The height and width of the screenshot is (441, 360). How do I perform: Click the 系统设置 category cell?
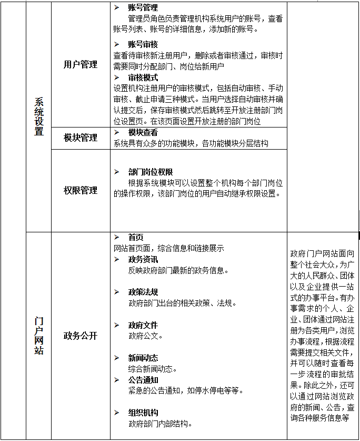(x=39, y=116)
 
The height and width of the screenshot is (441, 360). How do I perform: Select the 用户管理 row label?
(x=81, y=64)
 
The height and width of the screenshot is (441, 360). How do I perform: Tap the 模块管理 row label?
(x=81, y=138)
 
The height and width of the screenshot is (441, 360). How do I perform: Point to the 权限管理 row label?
(x=81, y=190)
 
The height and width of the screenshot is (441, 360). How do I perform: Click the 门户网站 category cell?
(x=39, y=335)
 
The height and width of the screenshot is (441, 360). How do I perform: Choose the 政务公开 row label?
(x=81, y=336)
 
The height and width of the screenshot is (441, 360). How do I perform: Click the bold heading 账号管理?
(x=143, y=8)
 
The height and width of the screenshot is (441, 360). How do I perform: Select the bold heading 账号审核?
(x=143, y=44)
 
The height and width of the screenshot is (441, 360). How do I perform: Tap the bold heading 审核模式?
(x=143, y=77)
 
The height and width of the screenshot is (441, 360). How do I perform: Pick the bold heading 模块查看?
(x=143, y=133)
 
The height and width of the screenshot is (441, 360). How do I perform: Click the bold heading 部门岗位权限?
(x=151, y=172)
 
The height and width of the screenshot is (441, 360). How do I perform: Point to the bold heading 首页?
(x=136, y=238)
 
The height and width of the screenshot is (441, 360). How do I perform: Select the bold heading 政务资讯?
(x=143, y=259)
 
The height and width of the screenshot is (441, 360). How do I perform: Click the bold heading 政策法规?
(x=143, y=292)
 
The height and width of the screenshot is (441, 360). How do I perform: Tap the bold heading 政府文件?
(x=143, y=325)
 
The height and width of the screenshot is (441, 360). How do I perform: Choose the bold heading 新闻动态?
(x=143, y=358)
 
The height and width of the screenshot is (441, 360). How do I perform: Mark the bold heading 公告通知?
(x=143, y=380)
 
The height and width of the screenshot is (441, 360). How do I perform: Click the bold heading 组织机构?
(x=143, y=413)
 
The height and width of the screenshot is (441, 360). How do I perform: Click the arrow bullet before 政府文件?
(x=117, y=325)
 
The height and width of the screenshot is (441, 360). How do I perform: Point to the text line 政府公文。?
(x=146, y=336)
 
